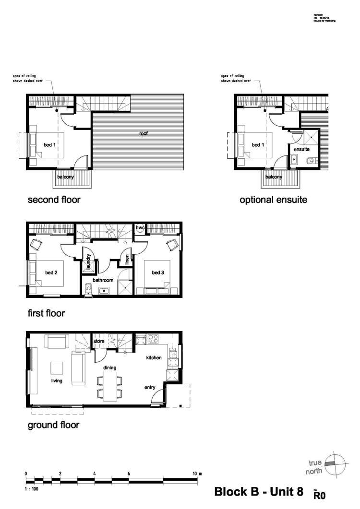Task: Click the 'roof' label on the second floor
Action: click(x=144, y=133)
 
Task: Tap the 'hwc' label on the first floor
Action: click(x=140, y=227)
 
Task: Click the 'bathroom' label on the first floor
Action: click(x=103, y=280)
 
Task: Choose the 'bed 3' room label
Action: click(x=158, y=273)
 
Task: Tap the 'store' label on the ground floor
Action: click(x=99, y=342)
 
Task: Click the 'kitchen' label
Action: click(x=154, y=358)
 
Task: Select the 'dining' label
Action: click(x=111, y=368)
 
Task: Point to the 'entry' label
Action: click(x=150, y=387)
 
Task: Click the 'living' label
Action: click(x=58, y=382)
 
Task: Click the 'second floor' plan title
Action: click(x=53, y=200)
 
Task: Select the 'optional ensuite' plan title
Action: click(x=273, y=200)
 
